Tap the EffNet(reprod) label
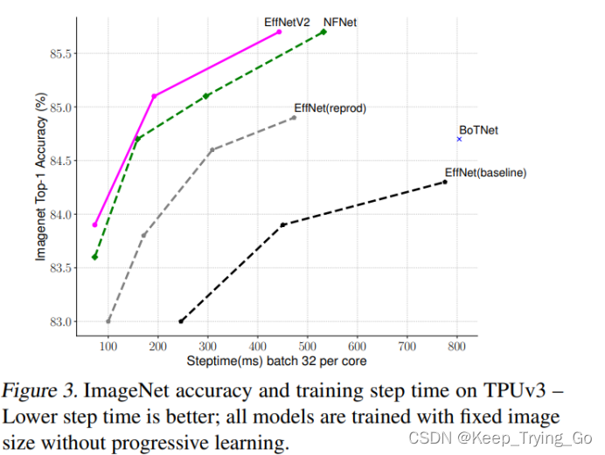(330, 109)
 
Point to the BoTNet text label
(478, 130)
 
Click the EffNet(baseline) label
(485, 173)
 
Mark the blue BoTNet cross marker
(459, 139)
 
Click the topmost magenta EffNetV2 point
(280, 31)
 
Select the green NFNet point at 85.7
(324, 31)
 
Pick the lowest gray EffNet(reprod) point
(108, 321)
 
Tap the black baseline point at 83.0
(181, 321)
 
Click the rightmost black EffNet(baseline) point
(445, 182)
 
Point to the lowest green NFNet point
(94, 257)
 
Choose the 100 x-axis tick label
(108, 347)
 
